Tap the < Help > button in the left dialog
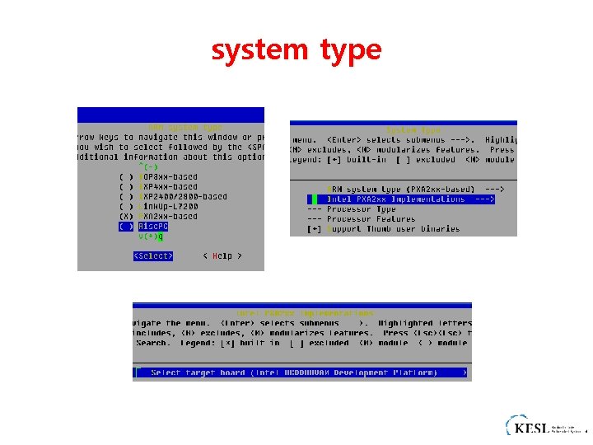pyautogui.click(x=222, y=256)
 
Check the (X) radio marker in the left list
pyautogui.click(x=125, y=216)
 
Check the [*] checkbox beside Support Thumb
pyautogui.click(x=314, y=228)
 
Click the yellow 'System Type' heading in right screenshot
pyautogui.click(x=413, y=130)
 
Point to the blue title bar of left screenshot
pyautogui.click(x=170, y=115)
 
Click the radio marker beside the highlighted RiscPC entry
pyautogui.click(x=125, y=226)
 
